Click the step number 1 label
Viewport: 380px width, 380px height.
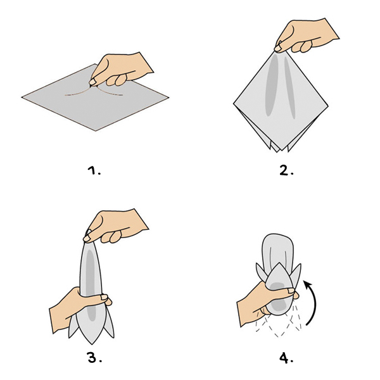[x=94, y=170]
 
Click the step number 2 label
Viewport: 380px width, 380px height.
[x=286, y=170]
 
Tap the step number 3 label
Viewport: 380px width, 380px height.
[x=94, y=357]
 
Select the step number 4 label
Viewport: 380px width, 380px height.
[x=286, y=358]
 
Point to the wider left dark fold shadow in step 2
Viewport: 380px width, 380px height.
[x=272, y=85]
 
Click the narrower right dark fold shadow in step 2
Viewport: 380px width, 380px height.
[x=289, y=89]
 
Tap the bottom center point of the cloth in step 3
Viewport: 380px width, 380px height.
[x=92, y=344]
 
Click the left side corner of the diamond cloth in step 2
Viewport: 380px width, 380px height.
[x=234, y=104]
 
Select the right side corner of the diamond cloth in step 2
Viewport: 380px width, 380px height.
[x=328, y=105]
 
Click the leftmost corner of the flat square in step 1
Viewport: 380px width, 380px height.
[x=22, y=97]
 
